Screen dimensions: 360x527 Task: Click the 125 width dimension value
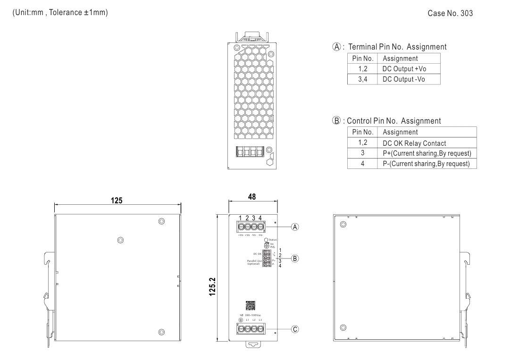click(117, 201)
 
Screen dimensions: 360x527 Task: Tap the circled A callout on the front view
click(295, 226)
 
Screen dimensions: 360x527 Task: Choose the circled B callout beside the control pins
click(295, 258)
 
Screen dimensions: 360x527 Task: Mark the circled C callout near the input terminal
click(295, 329)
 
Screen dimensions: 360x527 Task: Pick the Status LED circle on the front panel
click(267, 240)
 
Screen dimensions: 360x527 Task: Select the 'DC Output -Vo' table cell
click(404, 79)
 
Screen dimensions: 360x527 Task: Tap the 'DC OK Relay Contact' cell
click(415, 143)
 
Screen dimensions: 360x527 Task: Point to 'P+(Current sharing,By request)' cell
click(427, 153)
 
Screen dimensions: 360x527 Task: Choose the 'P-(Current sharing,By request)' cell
click(427, 164)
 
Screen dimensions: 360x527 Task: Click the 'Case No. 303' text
click(450, 13)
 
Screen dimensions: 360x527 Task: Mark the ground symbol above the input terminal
click(241, 320)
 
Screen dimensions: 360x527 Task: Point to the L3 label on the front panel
click(260, 320)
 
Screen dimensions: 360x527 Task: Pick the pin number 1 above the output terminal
click(241, 218)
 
